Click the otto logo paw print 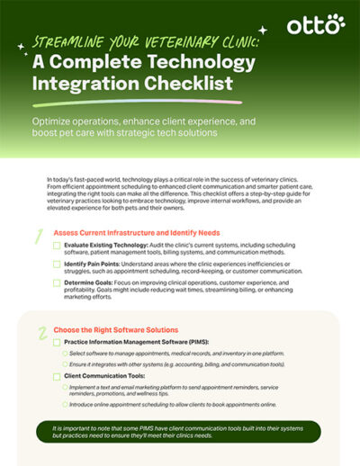coord(336,22)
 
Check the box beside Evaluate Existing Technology coord(57,244)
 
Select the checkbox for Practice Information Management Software coord(57,343)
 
